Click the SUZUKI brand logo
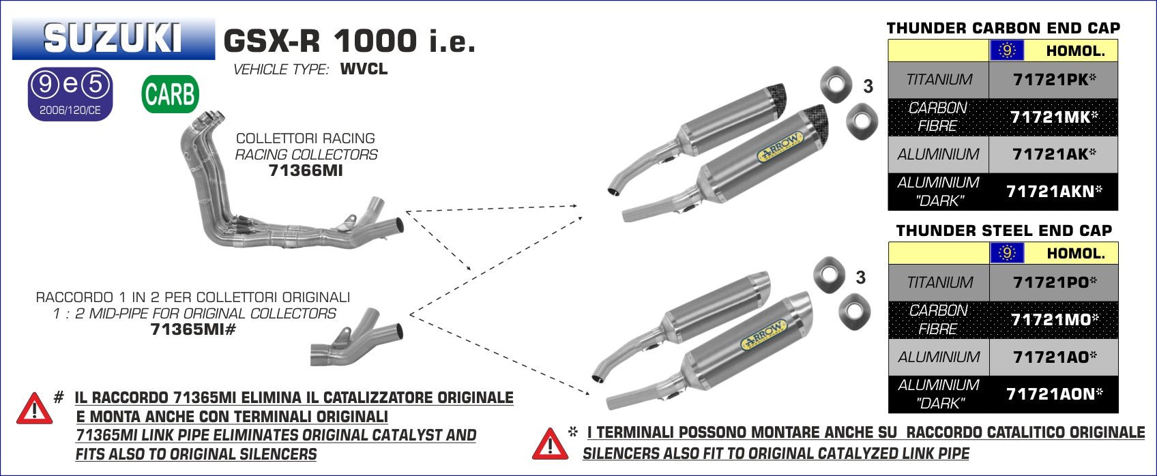(113, 39)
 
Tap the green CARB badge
(170, 94)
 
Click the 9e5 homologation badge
(70, 94)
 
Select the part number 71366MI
(306, 171)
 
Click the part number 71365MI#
(192, 330)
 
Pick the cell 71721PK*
(1054, 80)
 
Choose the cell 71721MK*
(1054, 117)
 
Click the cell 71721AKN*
(1054, 192)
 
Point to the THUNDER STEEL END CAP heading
(1004, 230)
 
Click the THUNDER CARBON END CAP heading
(1004, 28)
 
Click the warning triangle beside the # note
(34, 408)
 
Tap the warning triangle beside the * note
(550, 443)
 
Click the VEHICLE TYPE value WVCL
(364, 70)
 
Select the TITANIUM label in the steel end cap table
(939, 282)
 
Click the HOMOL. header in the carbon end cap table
(1074, 51)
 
